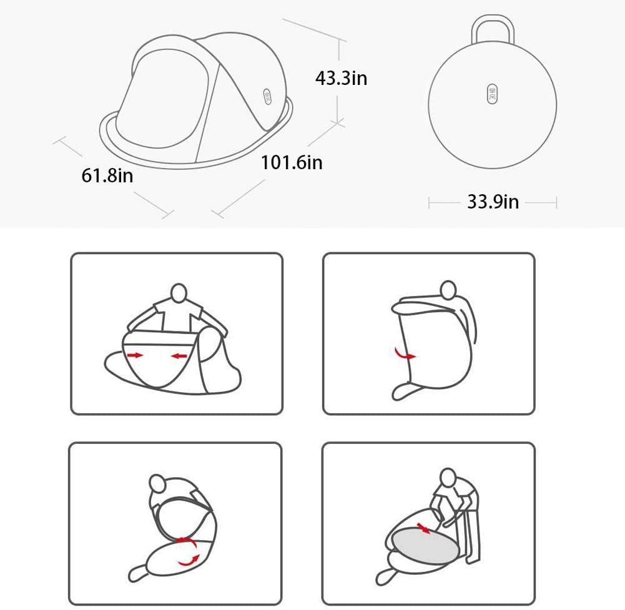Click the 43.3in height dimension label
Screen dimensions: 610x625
point(341,78)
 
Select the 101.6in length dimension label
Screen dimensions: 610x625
point(292,162)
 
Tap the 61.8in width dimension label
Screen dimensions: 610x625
point(107,175)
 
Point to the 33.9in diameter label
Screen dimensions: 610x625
point(493,202)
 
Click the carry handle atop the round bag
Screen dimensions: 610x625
point(493,29)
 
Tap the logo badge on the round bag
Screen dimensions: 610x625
point(493,94)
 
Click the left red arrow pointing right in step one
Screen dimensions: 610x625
point(134,355)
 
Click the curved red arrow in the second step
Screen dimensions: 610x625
point(405,354)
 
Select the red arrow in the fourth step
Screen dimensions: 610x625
point(424,529)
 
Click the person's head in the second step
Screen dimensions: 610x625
point(448,290)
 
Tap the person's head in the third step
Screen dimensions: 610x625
point(157,485)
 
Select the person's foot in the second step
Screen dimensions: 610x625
point(403,391)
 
